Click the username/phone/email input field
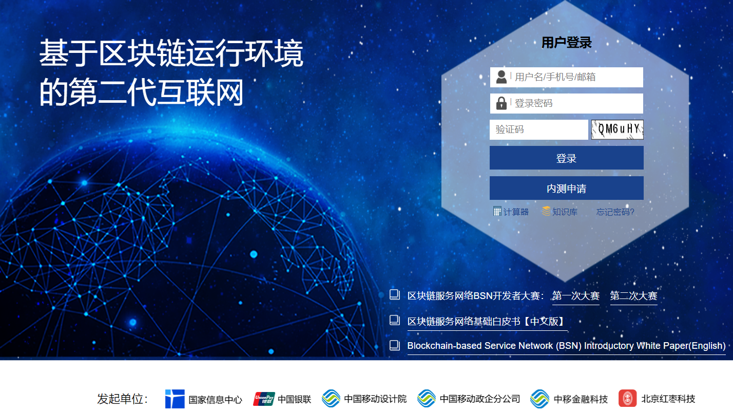575,77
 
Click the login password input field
575,103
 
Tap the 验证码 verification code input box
538,129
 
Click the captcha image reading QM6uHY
617,129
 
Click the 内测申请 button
566,188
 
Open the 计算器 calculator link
515,212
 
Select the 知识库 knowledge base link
564,212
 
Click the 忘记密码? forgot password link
615,212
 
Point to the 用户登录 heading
566,43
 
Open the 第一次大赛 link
575,296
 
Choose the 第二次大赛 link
633,296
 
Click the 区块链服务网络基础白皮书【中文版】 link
487,322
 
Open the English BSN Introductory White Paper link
566,346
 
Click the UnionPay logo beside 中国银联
264,399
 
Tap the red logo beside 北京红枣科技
627,399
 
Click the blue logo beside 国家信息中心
175,399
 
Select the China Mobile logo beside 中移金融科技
539,399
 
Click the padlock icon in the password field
501,103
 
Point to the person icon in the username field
501,77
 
